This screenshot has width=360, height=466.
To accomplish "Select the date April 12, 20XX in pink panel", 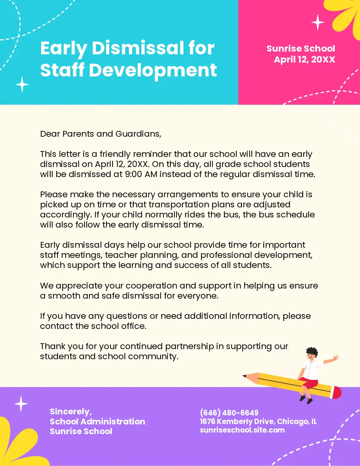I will click(304, 59).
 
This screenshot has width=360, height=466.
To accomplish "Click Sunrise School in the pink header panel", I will click(301, 49).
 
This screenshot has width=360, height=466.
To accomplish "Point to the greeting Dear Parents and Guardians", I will click(100, 134).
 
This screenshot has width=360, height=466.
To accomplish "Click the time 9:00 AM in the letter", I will click(141, 174).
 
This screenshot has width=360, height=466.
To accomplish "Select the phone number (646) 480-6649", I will click(229, 412).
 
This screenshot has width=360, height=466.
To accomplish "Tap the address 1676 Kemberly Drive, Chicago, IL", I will click(258, 421).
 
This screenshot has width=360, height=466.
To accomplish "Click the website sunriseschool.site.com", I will click(242, 430).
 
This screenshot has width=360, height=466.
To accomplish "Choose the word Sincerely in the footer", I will click(71, 412).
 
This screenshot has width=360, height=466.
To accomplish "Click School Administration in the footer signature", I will click(97, 421).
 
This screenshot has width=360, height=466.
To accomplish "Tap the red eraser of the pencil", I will click(337, 393).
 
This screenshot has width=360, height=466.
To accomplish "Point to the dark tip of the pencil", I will click(245, 376).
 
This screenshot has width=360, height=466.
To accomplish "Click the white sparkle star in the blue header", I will click(22, 84).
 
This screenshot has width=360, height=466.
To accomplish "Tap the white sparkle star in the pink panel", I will click(318, 22).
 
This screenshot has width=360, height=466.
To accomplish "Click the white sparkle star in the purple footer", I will click(21, 404).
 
